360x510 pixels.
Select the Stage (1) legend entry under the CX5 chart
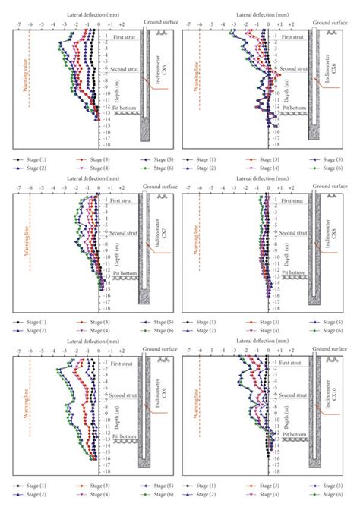coord(27,161)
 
